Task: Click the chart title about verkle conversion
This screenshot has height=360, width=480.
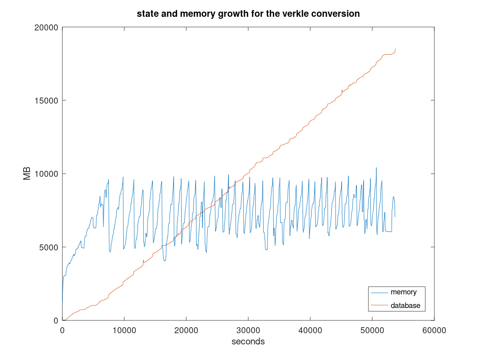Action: (248, 14)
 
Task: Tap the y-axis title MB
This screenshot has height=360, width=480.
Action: (27, 174)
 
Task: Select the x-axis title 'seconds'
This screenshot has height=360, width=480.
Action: (248, 342)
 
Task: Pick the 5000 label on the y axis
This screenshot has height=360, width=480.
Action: (49, 247)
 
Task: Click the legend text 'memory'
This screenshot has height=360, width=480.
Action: (404, 292)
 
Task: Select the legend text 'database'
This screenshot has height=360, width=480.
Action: (405, 306)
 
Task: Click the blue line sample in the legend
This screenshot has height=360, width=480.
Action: (380, 292)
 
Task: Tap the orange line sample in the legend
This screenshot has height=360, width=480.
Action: (380, 306)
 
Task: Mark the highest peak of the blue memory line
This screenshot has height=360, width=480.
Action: (376, 168)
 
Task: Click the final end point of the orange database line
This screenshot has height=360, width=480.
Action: (395, 49)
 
